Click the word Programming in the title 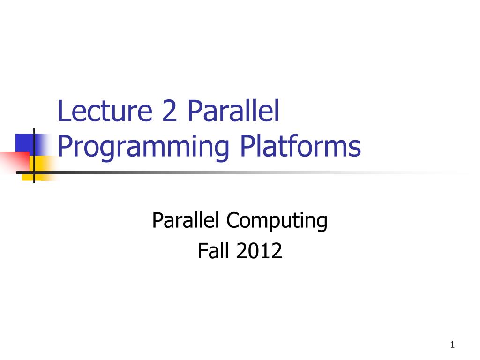143,147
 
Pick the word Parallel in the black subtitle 186,220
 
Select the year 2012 259,251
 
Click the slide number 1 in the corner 452,345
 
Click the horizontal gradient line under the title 234,172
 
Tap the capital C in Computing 232,220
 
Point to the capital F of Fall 202,251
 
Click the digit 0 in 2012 254,251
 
